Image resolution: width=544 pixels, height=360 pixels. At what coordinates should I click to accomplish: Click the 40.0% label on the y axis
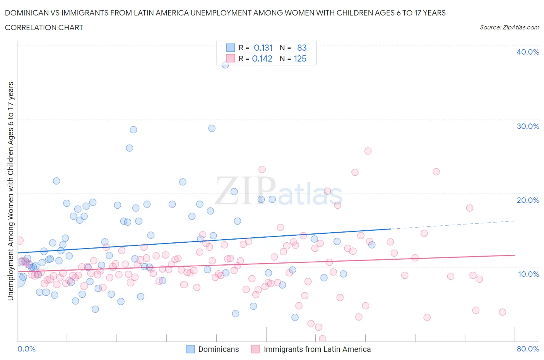point(527,52)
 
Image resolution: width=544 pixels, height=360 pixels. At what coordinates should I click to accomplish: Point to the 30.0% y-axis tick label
point(527,126)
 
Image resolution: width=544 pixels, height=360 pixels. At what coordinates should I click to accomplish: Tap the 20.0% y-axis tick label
point(527,200)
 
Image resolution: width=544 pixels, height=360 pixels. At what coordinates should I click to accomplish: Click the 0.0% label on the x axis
point(26,349)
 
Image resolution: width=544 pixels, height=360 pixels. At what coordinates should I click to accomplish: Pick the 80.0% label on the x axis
point(527,349)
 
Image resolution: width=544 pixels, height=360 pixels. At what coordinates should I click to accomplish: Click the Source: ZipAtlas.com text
point(509,27)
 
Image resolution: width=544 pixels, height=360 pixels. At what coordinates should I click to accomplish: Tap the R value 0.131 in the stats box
point(263,48)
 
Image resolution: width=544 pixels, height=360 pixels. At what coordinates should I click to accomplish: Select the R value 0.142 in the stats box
point(262,58)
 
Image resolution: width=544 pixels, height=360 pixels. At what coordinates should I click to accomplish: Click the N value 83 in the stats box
point(302,48)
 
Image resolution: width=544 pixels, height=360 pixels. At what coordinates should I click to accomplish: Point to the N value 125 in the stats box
point(300,58)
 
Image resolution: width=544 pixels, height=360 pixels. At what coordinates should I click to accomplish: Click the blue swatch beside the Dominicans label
point(190,349)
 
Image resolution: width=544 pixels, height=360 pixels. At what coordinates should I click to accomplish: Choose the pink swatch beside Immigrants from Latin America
point(255,349)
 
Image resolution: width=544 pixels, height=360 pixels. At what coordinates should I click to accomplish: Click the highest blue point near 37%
point(225,65)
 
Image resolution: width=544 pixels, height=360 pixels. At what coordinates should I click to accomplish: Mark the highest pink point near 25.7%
point(368,151)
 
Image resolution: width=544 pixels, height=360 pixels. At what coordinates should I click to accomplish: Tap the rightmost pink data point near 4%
point(502,312)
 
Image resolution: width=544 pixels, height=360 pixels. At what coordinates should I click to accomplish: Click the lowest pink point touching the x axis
point(322,339)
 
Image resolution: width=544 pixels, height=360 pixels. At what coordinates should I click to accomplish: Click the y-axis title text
point(10,191)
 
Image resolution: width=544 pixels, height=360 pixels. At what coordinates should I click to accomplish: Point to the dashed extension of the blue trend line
point(453,225)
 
